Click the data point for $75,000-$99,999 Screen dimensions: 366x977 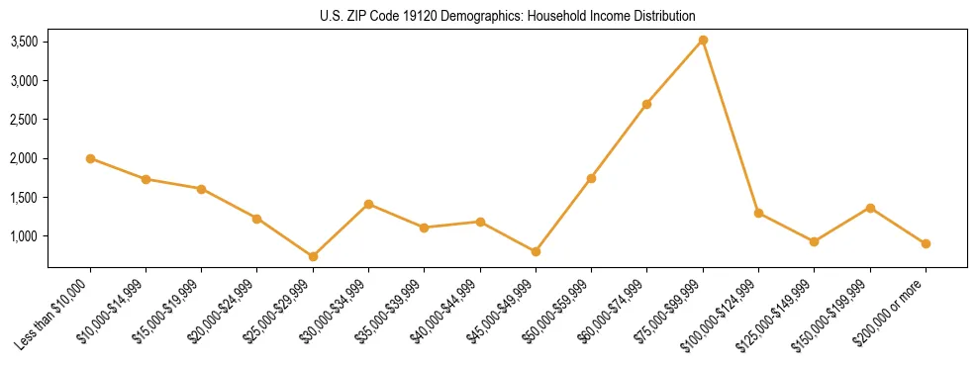703,40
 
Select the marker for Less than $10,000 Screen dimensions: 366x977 90,158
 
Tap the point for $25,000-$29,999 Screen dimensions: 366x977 313,256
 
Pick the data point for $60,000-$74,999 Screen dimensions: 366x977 647,104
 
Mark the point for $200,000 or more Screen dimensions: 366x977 926,243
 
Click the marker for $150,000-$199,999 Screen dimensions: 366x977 870,208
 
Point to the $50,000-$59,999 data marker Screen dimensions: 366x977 591,178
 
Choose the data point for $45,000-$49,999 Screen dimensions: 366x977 536,251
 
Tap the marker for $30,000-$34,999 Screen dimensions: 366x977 368,204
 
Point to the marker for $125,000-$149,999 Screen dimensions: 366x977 814,241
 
